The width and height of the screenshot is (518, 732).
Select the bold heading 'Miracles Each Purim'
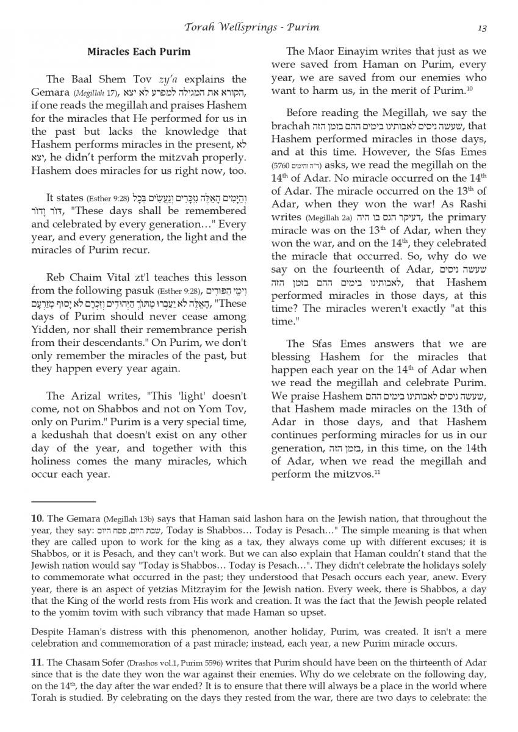138,52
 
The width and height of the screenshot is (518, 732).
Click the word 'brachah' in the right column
290,126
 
